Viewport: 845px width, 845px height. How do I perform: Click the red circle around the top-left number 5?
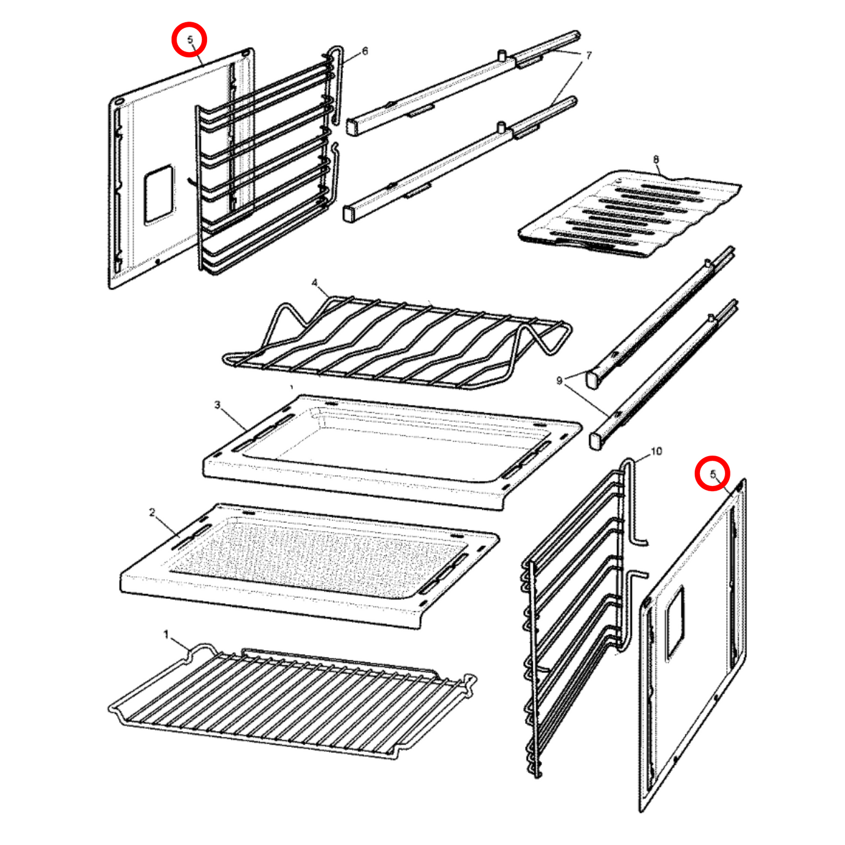coord(189,40)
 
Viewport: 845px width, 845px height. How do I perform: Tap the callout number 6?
coord(365,51)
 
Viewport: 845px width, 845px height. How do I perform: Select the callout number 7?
coord(588,56)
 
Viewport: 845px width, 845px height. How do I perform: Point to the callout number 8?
coord(656,160)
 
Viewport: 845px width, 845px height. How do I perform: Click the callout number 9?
coord(560,381)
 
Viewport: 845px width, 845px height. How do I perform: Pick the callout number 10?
coord(656,451)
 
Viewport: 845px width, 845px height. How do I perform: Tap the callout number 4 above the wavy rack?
coord(315,284)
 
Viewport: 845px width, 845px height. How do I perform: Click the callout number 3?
coord(218,405)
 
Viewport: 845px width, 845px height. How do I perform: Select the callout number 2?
coord(152,513)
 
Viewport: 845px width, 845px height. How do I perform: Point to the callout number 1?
coord(166,634)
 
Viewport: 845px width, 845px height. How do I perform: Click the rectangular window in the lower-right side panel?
coord(675,621)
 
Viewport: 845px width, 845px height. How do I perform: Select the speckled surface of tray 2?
coord(316,556)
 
